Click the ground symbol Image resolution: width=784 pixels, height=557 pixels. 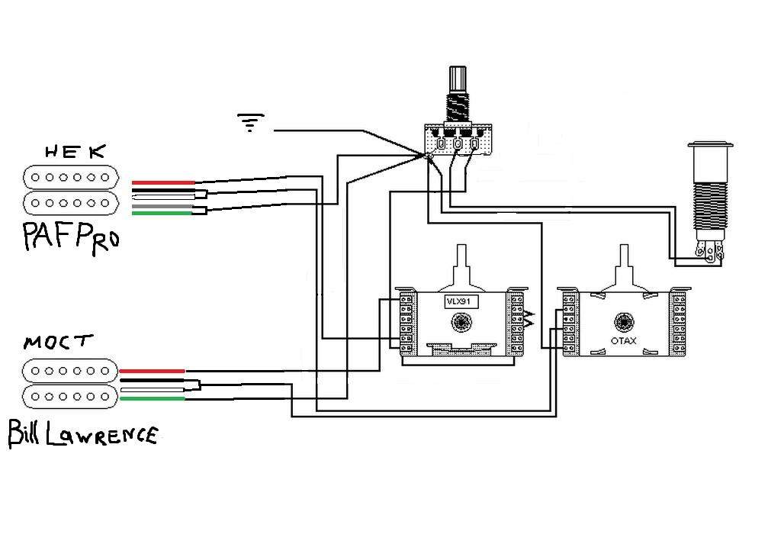click(250, 122)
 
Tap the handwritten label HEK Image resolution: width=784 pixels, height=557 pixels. click(76, 152)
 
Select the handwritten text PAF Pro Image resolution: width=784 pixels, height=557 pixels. click(71, 238)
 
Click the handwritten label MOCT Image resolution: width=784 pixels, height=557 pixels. click(58, 343)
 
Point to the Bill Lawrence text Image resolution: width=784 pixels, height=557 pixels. click(83, 433)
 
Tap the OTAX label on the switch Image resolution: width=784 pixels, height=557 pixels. click(624, 341)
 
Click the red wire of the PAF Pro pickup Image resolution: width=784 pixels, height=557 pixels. click(163, 182)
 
